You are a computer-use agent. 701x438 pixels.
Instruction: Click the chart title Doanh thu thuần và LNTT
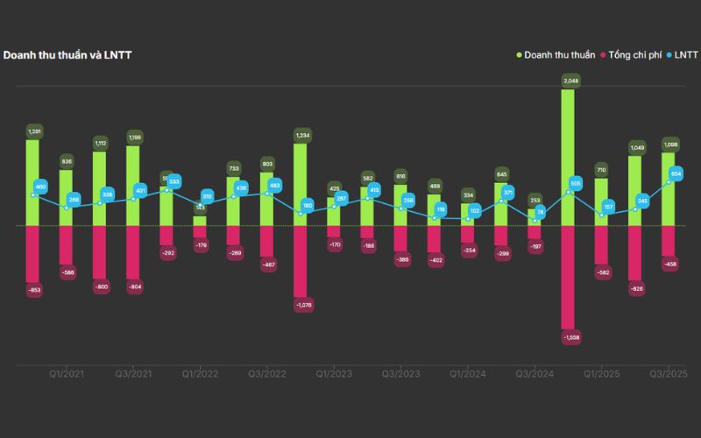tap(67, 55)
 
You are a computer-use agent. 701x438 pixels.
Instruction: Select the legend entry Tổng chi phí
tap(634, 55)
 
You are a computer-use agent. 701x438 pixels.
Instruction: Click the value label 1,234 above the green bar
tap(300, 135)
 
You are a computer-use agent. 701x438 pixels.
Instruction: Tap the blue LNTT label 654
tap(676, 174)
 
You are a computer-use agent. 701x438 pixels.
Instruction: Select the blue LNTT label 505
tap(576, 183)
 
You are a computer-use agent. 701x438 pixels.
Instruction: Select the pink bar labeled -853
tap(32, 254)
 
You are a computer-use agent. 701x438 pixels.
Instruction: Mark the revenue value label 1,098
tap(670, 145)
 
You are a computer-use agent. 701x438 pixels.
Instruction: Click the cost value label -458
tap(670, 264)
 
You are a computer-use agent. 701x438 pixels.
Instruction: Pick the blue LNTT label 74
tap(541, 211)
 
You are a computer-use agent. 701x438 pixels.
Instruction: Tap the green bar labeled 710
tap(601, 201)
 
